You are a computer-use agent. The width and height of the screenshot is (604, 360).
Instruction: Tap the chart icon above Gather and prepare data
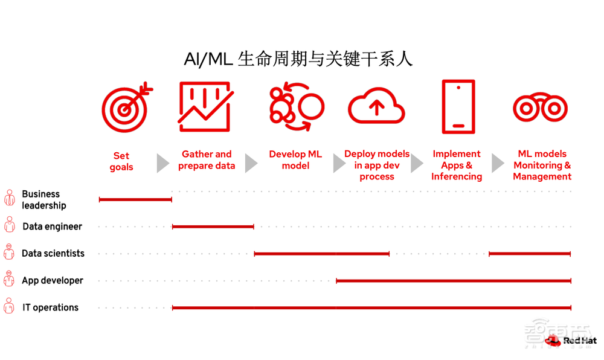pyautogui.click(x=205, y=107)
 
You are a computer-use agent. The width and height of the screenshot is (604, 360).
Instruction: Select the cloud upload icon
pyautogui.click(x=376, y=107)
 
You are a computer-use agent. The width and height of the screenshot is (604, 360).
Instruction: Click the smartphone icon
pyautogui.click(x=458, y=106)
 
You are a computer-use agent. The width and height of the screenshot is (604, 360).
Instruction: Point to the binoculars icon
pyautogui.click(x=540, y=108)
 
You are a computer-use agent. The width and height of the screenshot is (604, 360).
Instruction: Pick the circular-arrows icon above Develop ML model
pyautogui.click(x=295, y=107)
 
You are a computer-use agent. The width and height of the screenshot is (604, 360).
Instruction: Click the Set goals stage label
pyautogui.click(x=121, y=161)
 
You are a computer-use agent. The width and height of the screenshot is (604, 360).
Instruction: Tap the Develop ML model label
pyautogui.click(x=295, y=160)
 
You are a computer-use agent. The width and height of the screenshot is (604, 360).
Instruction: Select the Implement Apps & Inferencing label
pyautogui.click(x=457, y=165)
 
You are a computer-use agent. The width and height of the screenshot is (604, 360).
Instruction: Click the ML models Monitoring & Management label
pyautogui.click(x=542, y=165)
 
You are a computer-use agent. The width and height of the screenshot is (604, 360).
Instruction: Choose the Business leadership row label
pyautogui.click(x=43, y=199)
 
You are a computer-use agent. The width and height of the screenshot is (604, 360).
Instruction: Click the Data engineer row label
pyautogui.click(x=52, y=227)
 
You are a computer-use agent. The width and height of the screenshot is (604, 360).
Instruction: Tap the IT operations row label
pyautogui.click(x=50, y=307)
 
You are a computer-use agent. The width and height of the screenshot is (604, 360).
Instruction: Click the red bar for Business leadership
pyautogui.click(x=135, y=199)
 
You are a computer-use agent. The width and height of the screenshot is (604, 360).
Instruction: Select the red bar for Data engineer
pyautogui.click(x=213, y=227)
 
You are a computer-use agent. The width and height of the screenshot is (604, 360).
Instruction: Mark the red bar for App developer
pyautogui.click(x=453, y=281)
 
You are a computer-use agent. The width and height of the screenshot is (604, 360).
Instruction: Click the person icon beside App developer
pyautogui.click(x=9, y=280)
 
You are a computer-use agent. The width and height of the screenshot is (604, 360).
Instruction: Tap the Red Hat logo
pyautogui.click(x=570, y=341)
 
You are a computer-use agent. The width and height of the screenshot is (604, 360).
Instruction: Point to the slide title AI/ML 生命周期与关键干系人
pyautogui.click(x=298, y=59)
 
